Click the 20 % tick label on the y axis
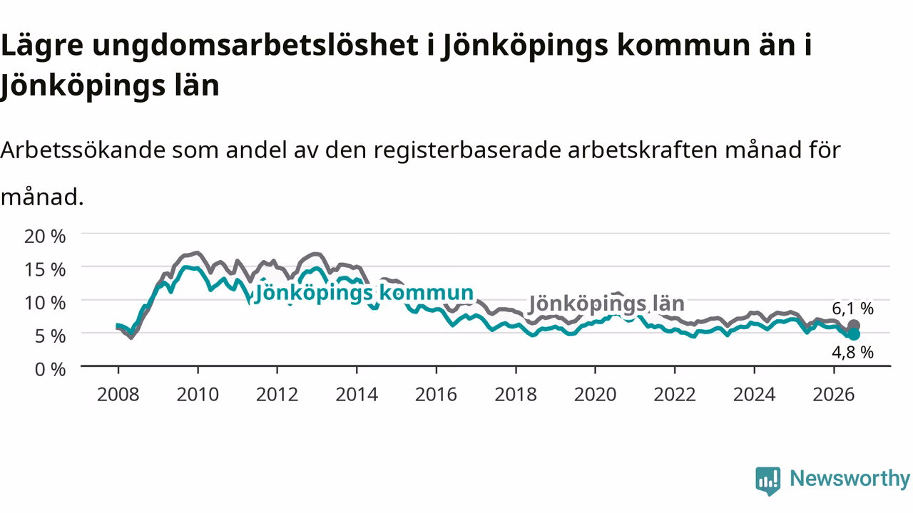(x=45, y=236)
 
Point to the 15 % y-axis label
(x=45, y=269)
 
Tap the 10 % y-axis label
(x=45, y=303)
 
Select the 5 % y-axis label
(x=50, y=336)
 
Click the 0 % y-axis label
(x=50, y=370)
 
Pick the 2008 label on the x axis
(x=118, y=395)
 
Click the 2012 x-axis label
(x=277, y=395)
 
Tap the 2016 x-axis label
(x=436, y=395)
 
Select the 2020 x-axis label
(x=595, y=395)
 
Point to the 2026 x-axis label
(x=834, y=395)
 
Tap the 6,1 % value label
(x=852, y=309)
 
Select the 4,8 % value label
(x=852, y=352)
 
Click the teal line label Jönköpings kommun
(x=364, y=293)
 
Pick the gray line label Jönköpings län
(x=606, y=304)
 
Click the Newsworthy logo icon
(x=768, y=481)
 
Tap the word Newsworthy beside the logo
(x=850, y=479)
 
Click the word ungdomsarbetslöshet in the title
(x=255, y=46)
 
